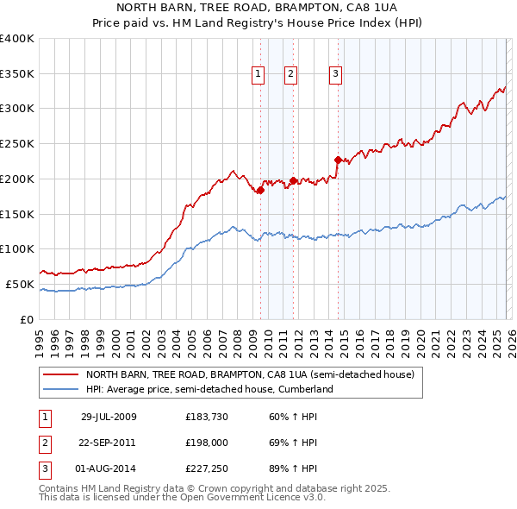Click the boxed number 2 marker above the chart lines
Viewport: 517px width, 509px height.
pos(291,75)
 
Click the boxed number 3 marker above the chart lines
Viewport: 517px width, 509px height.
pos(335,75)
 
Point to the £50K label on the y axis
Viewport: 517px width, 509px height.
pos(20,284)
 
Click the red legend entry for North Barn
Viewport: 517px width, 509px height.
pos(250,375)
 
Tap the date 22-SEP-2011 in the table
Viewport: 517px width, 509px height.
pos(109,443)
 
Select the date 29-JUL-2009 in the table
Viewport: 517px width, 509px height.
pos(109,417)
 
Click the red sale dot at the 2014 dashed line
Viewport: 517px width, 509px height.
pos(337,160)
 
